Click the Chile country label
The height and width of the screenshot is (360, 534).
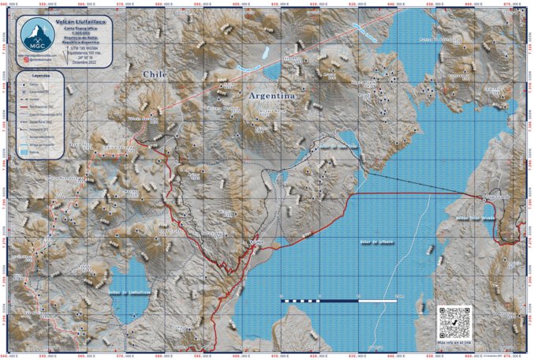click(155, 73)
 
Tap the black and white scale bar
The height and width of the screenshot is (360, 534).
click(339, 301)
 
